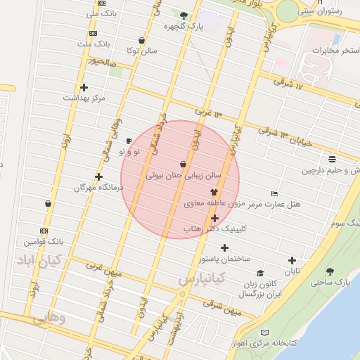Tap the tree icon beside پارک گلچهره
[x=184, y=15]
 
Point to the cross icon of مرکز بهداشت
[x=84, y=88]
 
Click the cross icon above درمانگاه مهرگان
[x=98, y=176]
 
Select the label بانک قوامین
[x=44, y=241]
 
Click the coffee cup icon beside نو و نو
[x=129, y=141]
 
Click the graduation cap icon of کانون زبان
[x=260, y=274]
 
